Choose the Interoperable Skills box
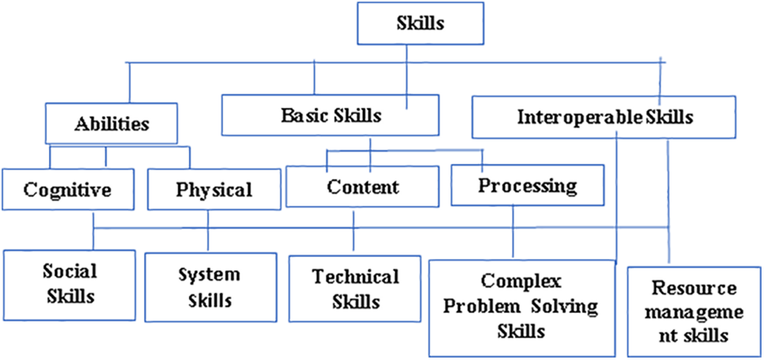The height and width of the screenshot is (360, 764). (x=605, y=118)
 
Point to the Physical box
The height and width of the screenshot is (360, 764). (x=213, y=189)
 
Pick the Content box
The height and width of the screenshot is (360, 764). (x=364, y=187)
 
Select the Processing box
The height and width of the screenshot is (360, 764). (x=527, y=186)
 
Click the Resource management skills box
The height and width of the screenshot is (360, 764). (x=694, y=311)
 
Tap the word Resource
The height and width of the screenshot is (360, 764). (x=694, y=288)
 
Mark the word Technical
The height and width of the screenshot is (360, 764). (x=355, y=276)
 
